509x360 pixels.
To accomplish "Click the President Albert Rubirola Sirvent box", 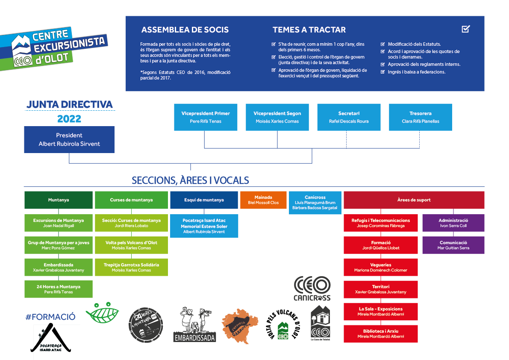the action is tap(69, 139).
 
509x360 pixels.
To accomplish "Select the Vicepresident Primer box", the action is tap(206, 117).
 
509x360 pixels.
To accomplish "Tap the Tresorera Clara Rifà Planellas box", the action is tap(421, 117).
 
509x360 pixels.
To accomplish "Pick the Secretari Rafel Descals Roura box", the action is tap(349, 117).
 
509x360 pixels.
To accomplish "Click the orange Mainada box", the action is tap(263, 200).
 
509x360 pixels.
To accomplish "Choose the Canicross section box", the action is tap(315, 203).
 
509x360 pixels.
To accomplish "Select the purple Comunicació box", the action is tap(453, 245).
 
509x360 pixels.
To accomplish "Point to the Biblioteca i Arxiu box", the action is tap(380, 334).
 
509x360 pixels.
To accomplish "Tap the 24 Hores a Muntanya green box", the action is tap(59, 289).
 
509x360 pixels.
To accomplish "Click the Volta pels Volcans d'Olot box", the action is tap(131, 245).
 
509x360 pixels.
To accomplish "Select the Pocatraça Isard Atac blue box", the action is tap(204, 226).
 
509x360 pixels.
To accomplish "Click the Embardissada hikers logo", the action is tap(195, 324).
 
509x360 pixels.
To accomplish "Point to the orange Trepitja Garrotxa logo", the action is tap(240, 326).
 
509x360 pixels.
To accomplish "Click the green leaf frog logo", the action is tap(102, 313).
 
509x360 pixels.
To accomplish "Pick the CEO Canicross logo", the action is tap(312, 289).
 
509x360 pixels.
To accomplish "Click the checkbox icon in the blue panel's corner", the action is tap(466, 29).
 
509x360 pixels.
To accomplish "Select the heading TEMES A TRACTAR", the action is tap(309, 30).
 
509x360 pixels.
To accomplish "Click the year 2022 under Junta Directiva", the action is tap(69, 119).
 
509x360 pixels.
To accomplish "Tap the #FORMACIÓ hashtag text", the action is tap(50, 317).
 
